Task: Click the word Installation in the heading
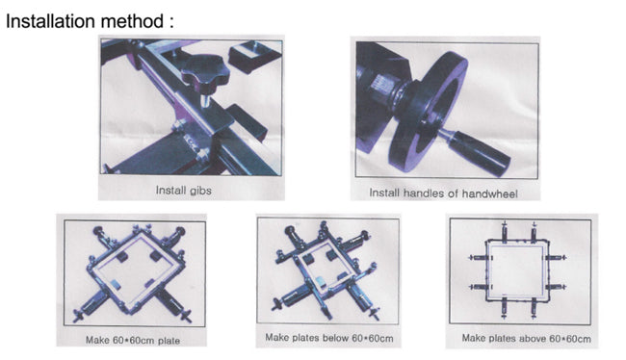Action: click(x=51, y=21)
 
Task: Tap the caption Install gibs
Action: click(x=184, y=191)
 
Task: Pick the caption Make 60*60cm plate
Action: click(x=133, y=341)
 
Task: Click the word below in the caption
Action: click(x=335, y=338)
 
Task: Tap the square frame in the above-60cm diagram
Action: click(x=517, y=270)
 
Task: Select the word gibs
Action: click(x=200, y=191)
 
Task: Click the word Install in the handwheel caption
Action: click(x=384, y=193)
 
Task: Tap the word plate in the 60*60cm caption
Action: click(x=170, y=341)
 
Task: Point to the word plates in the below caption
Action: click(x=306, y=338)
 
